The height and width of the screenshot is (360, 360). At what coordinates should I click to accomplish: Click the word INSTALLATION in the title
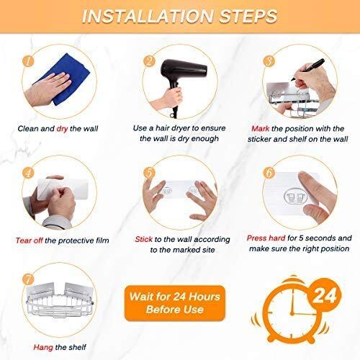[x=148, y=17]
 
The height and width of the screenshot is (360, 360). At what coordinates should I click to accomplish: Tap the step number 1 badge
[x=28, y=61]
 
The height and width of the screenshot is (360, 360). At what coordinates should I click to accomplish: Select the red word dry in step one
[x=62, y=129]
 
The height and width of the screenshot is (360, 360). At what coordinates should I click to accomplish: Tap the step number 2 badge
[x=149, y=61]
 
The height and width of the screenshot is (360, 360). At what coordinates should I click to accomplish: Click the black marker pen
[x=308, y=69]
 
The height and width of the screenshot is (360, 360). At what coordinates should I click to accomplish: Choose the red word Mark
[x=261, y=129]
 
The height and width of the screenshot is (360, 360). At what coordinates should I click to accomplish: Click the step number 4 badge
[x=28, y=173]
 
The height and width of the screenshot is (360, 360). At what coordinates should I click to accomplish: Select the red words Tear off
[x=30, y=240]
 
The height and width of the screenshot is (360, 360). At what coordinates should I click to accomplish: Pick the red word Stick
[x=143, y=239]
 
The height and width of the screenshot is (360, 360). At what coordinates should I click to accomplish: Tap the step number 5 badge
[x=149, y=173]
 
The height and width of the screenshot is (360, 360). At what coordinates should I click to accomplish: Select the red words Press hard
[x=266, y=238]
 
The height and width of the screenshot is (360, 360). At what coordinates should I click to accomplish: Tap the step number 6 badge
[x=269, y=172]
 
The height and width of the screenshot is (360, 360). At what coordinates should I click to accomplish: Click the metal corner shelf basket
[x=60, y=300]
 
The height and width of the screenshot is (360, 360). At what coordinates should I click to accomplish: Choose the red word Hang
[x=43, y=347]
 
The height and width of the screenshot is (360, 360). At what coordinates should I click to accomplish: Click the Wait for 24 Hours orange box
[x=175, y=303]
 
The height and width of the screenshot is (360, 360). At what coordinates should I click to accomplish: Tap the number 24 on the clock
[x=325, y=296]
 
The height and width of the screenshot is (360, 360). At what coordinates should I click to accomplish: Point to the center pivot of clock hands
[x=292, y=313]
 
